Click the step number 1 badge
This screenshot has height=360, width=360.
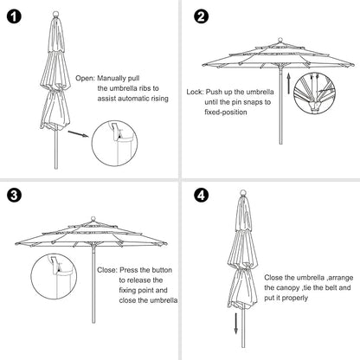[16, 16]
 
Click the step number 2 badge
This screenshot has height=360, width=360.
[201, 16]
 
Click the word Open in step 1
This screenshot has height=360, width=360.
[86, 77]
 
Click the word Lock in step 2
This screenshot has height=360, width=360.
[195, 90]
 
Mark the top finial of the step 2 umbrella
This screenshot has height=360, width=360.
[280, 38]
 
